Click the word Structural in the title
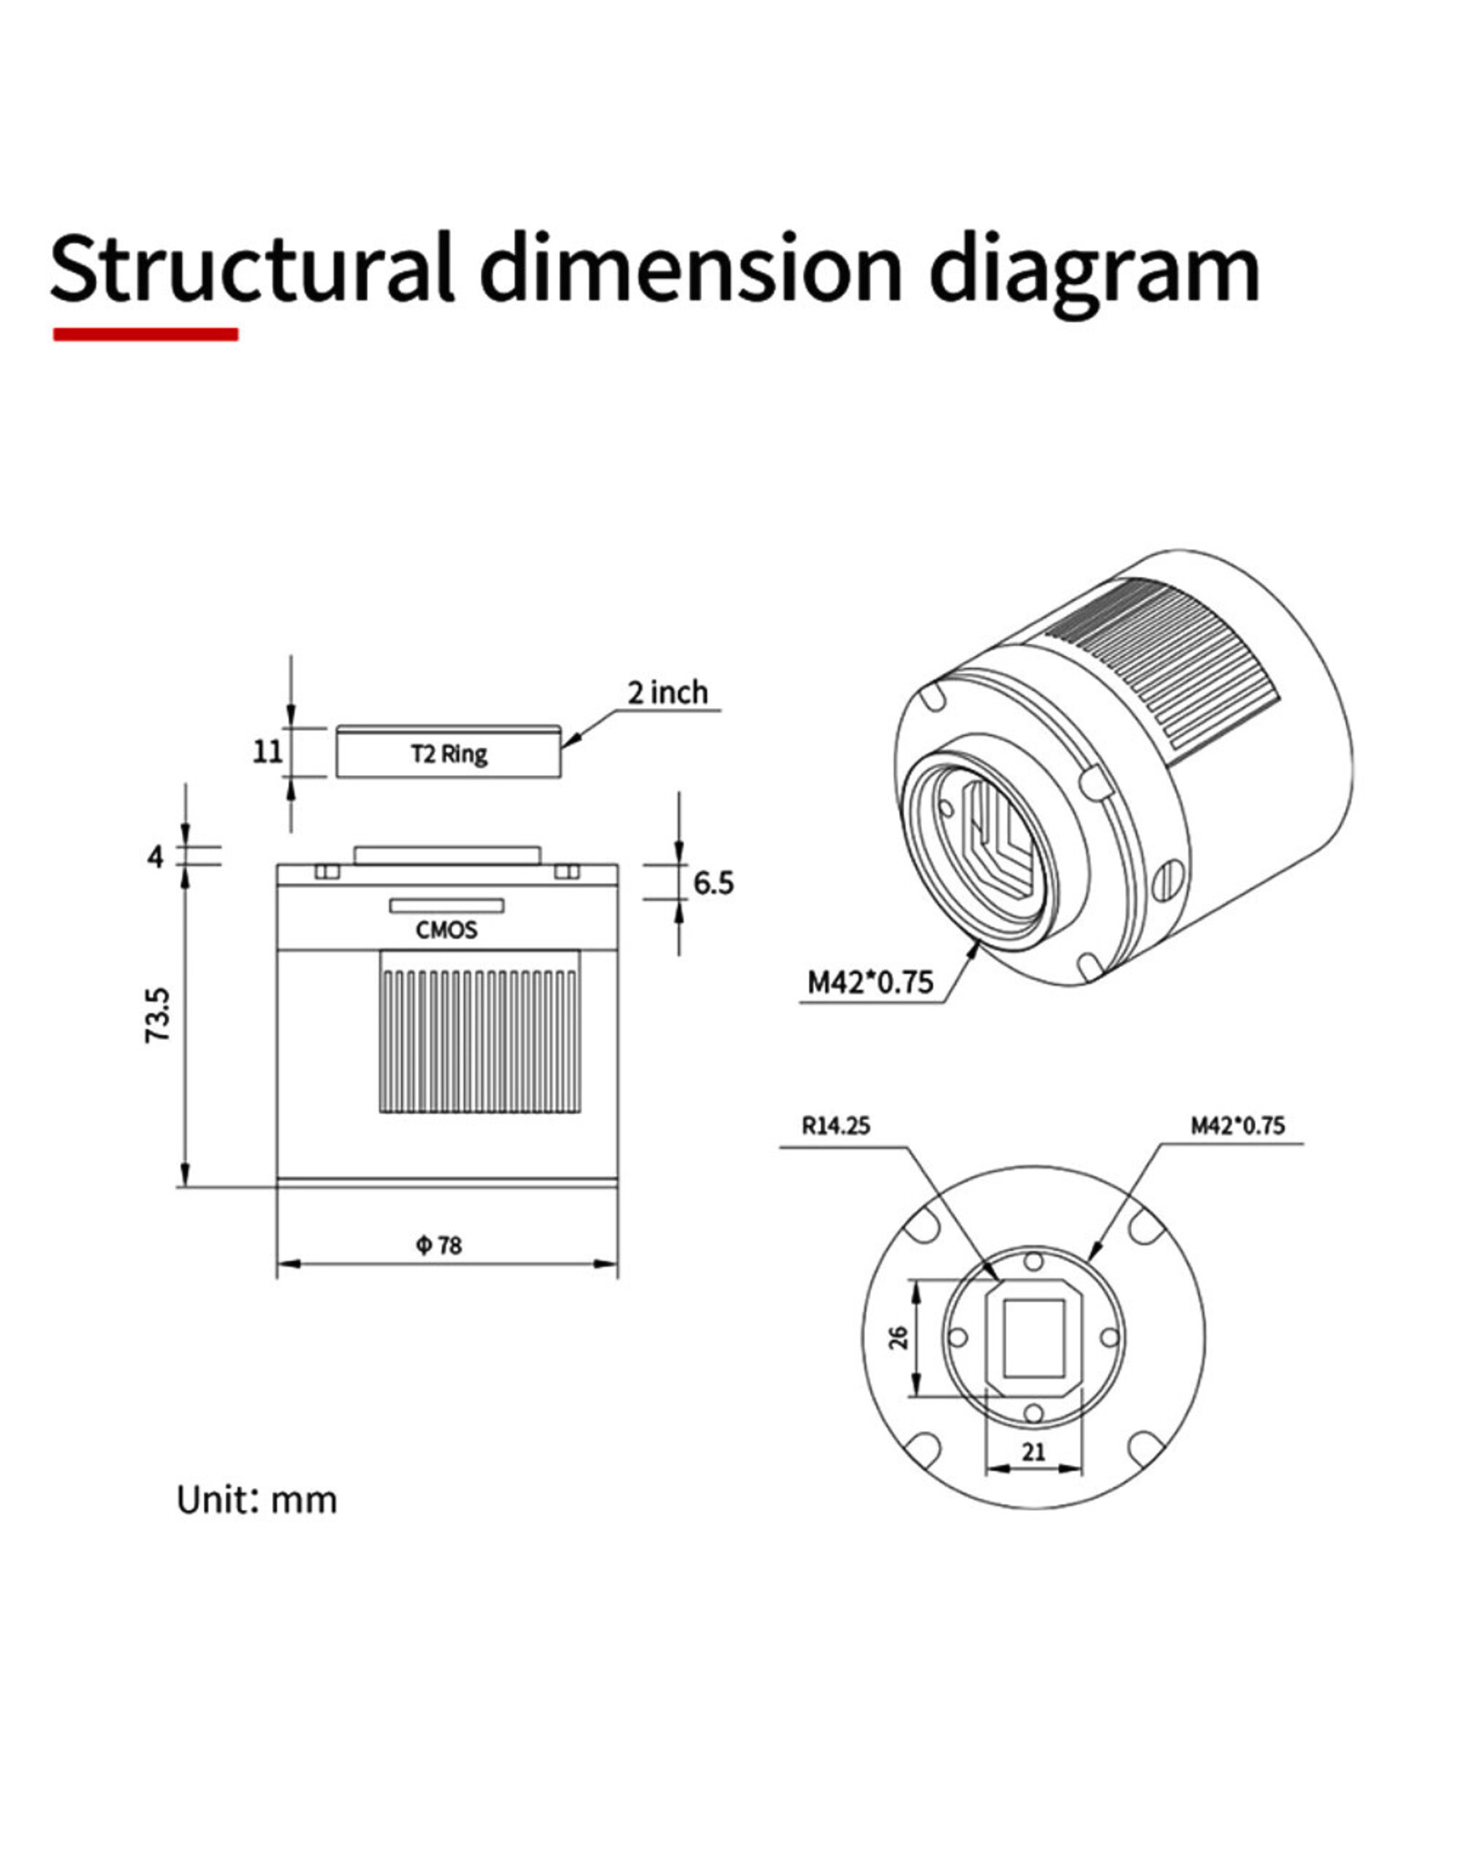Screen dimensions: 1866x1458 251,270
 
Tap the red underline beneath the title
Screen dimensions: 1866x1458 146,334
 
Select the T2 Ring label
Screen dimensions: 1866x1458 448,754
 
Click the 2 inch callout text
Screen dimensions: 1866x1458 667,692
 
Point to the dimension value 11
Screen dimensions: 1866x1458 267,752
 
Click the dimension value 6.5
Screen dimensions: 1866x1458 713,882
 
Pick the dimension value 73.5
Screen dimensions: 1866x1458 158,1015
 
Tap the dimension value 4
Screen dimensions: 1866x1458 156,856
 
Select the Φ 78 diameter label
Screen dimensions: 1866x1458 439,1245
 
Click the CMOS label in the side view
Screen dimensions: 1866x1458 447,929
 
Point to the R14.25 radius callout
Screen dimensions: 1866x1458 836,1125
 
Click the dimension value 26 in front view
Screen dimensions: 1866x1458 898,1338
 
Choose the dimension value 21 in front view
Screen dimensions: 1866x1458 1033,1451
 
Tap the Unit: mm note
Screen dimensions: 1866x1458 256,1500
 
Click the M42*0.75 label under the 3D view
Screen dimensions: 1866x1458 870,982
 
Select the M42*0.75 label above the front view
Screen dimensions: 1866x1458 1237,1125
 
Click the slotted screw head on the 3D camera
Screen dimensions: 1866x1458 1170,880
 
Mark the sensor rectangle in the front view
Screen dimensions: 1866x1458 1033,1338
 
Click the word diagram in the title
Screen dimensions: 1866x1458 1093,270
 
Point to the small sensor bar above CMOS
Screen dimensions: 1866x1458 447,905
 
